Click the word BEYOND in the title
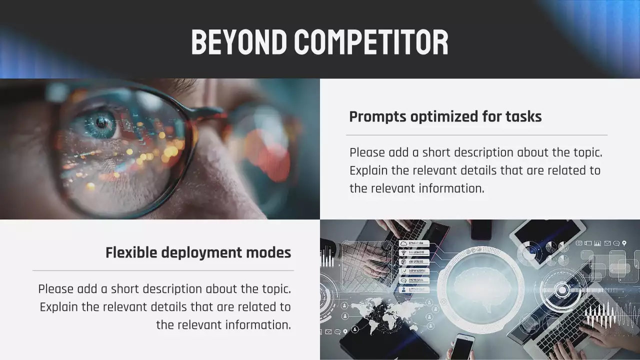[x=239, y=42]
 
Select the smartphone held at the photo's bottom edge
[x=462, y=347]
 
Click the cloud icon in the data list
[x=404, y=243]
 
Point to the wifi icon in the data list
[x=404, y=252]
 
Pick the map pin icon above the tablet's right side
[x=624, y=243]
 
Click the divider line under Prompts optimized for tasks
[x=476, y=135]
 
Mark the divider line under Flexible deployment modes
[x=163, y=270]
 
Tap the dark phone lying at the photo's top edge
[x=481, y=229]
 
